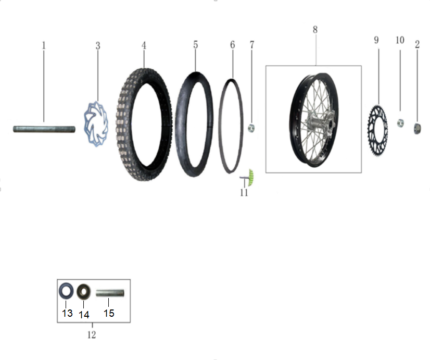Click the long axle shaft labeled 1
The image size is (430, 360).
44,129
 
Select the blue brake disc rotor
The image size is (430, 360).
96,124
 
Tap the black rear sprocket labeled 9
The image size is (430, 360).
377,130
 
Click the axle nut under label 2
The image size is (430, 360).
417,128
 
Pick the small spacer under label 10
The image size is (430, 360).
400,123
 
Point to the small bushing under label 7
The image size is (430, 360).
251,128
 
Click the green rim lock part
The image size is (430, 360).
250,178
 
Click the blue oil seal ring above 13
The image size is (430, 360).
66,291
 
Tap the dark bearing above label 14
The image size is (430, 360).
84,292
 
